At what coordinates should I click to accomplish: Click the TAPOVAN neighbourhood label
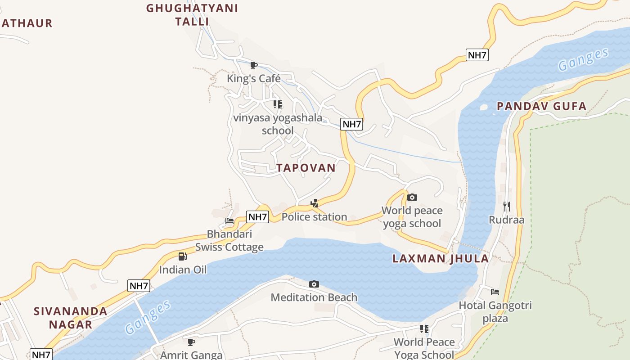point(306,168)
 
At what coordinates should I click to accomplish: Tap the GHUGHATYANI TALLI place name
point(192,14)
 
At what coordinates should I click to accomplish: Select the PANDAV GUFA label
point(541,106)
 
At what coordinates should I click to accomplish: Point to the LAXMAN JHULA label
point(441,258)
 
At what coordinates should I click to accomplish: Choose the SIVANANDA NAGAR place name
point(71,318)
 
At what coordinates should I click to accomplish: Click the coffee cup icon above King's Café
point(254,66)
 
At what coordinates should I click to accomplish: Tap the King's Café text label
point(254,79)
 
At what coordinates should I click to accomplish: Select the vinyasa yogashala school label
point(278,124)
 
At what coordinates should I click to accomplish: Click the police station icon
point(314,203)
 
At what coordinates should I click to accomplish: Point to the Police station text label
point(314,217)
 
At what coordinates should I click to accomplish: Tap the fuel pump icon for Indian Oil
point(182,256)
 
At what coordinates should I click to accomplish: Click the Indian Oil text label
point(183,270)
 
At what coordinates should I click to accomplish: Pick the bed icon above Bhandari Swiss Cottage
point(229,221)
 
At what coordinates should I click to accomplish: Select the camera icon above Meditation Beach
point(314,284)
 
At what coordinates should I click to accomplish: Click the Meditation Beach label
point(314,297)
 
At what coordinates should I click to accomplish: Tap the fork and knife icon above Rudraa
point(507,207)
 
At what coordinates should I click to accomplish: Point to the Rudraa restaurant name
point(507,220)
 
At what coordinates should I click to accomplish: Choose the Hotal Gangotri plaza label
point(495,312)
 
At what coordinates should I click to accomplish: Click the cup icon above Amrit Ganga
point(191,342)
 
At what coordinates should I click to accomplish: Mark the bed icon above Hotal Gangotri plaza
point(495,292)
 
